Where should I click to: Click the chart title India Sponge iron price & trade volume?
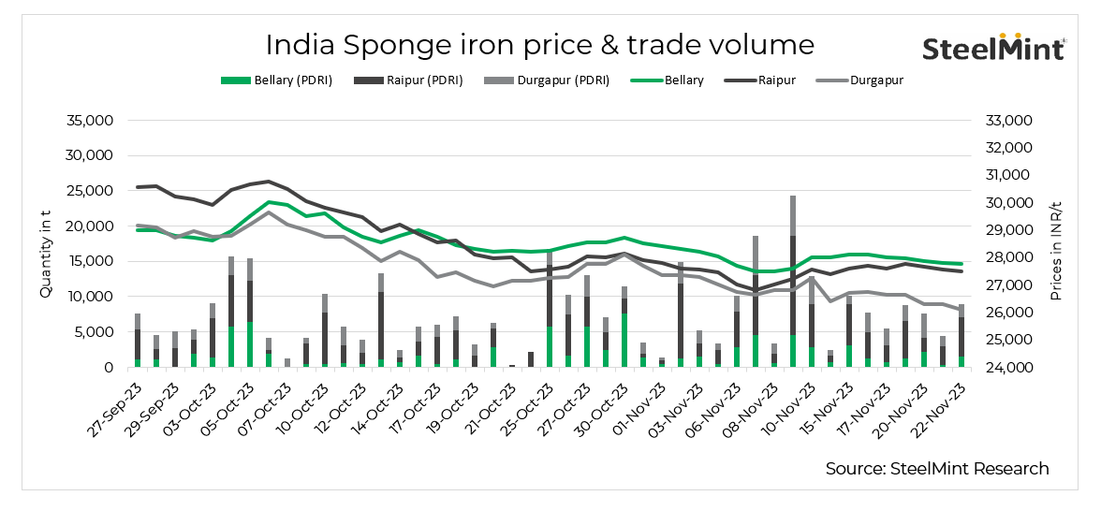pyautogui.click(x=539, y=45)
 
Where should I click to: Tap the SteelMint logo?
pyautogui.click(x=994, y=47)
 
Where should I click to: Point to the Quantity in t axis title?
pyautogui.click(x=46, y=244)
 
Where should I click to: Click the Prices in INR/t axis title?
pyautogui.click(x=1055, y=244)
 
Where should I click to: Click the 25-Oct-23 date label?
pyautogui.click(x=527, y=402)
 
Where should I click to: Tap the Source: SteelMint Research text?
pyautogui.click(x=936, y=468)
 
